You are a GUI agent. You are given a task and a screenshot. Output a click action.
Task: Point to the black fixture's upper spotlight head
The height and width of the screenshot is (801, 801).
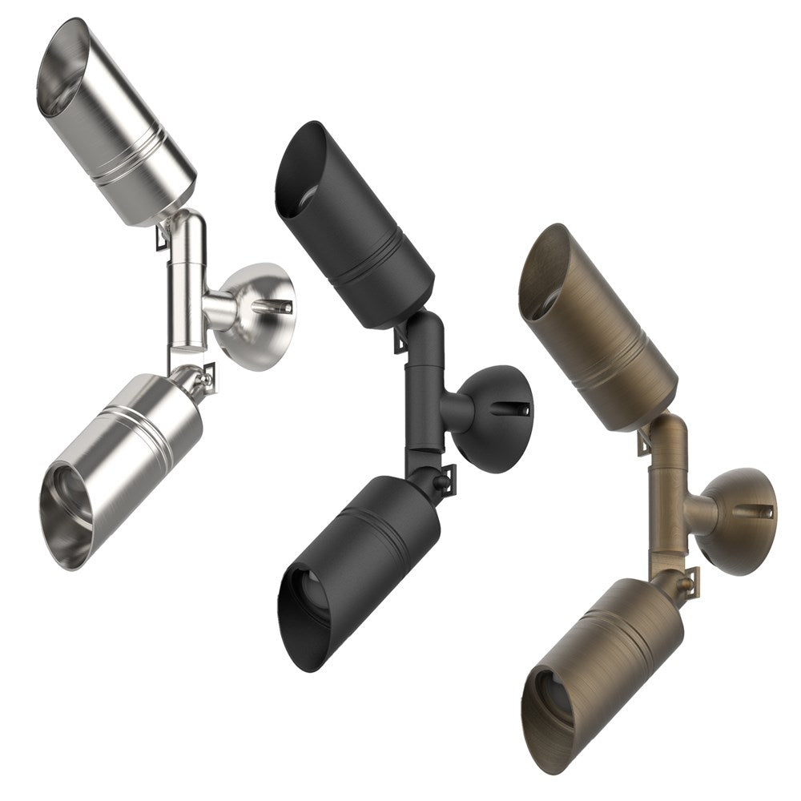(x=352, y=224)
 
